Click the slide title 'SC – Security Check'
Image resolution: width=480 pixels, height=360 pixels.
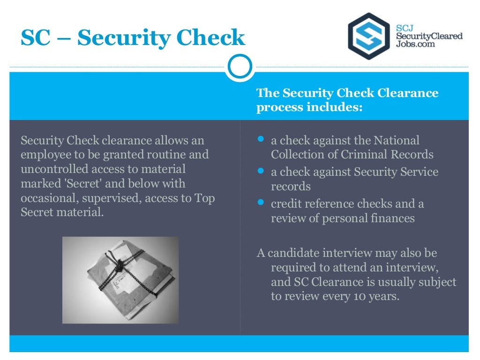pos(133,38)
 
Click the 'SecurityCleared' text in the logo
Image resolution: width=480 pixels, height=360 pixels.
pos(429,36)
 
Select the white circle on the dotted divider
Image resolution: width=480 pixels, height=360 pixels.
pos(240,67)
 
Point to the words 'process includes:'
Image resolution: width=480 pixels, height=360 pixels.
pos(309,107)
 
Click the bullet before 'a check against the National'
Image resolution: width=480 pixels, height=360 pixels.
pos(261,139)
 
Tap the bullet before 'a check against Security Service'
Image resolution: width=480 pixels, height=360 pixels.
pos(261,171)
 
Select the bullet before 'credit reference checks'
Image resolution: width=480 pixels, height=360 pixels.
pos(261,203)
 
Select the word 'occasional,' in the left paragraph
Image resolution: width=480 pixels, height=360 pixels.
pos(50,198)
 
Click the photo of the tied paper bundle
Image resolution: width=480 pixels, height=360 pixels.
pos(120,280)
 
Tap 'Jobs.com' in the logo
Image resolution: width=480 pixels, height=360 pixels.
pos(416,44)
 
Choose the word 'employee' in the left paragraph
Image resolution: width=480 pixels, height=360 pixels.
pos(45,154)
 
